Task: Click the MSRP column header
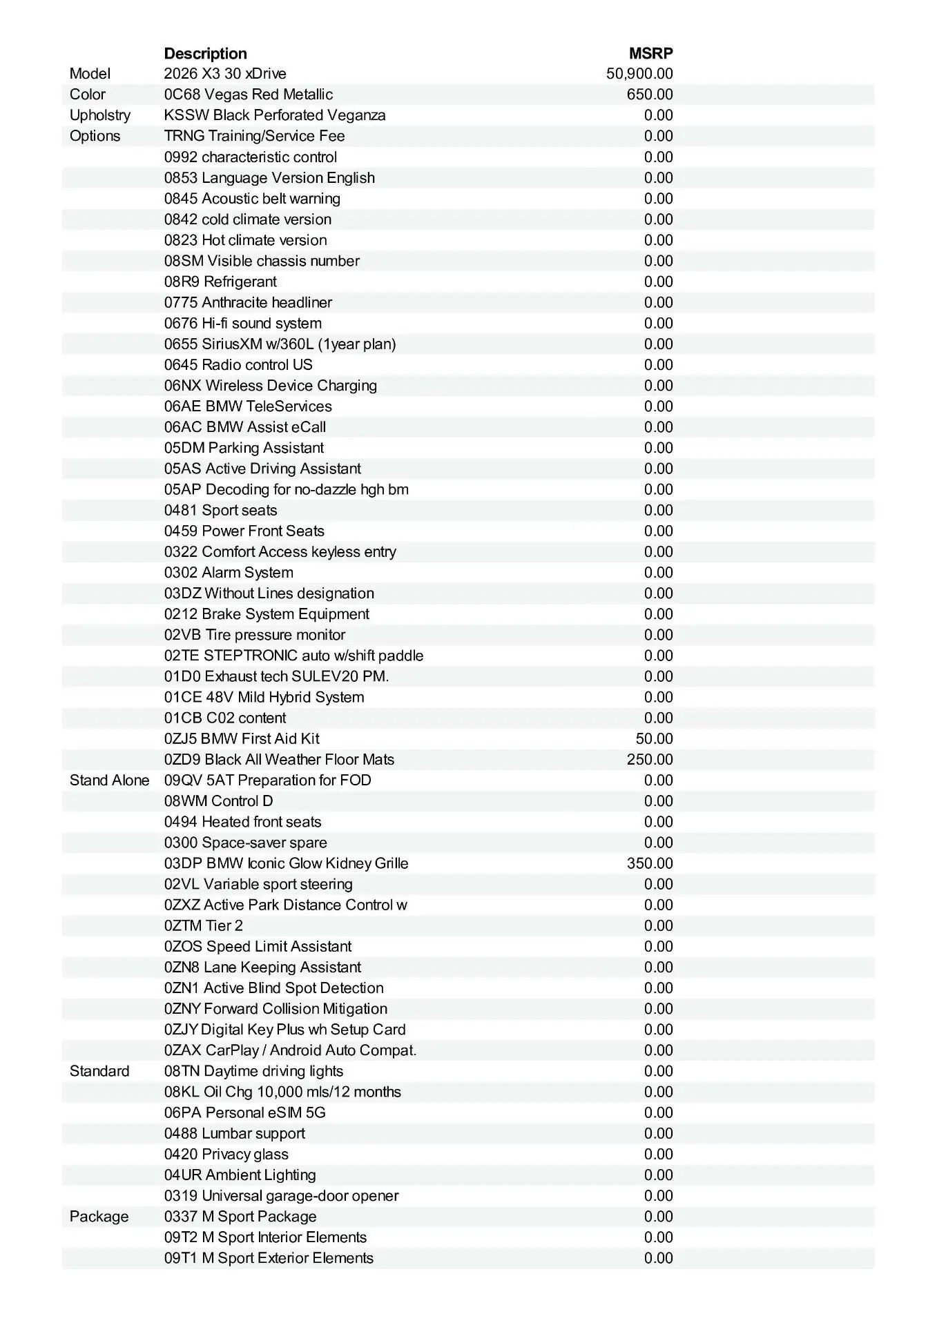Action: [x=650, y=54]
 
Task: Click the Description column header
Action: [x=205, y=54]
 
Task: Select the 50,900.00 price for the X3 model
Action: [x=639, y=74]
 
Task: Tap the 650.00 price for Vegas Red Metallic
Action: [x=650, y=95]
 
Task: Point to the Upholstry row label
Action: [x=100, y=115]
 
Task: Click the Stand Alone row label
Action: [x=109, y=781]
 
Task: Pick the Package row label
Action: [x=99, y=1217]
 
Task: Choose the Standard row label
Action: [x=99, y=1071]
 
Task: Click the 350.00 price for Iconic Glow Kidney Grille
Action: [x=650, y=863]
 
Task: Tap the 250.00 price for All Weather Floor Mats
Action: [x=650, y=760]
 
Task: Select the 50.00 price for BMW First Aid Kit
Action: [x=654, y=739]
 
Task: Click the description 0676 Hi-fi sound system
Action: [x=242, y=324]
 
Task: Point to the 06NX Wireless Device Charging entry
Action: [x=271, y=386]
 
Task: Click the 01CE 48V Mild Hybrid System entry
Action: [x=264, y=697]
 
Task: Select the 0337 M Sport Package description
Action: [x=240, y=1217]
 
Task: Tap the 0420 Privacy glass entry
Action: [x=226, y=1155]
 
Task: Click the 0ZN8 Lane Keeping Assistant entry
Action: [x=262, y=968]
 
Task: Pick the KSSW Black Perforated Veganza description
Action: [x=275, y=115]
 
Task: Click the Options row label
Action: [x=95, y=136]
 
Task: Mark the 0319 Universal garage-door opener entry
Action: [x=281, y=1196]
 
